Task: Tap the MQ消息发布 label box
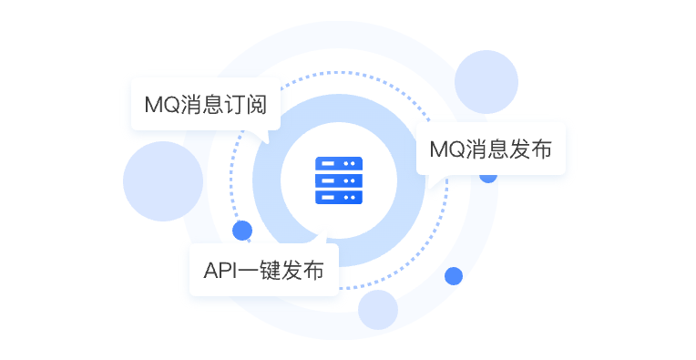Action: tap(490, 149)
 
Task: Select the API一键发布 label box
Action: tap(263, 270)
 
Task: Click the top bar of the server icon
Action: tap(339, 163)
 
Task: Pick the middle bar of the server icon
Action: tap(339, 180)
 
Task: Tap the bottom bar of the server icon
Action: tap(339, 196)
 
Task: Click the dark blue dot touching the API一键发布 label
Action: tap(242, 230)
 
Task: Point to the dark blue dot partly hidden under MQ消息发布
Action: tap(488, 176)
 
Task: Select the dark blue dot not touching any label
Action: tap(453, 275)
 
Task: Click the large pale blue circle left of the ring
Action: tap(162, 180)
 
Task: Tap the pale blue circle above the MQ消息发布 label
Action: tap(486, 82)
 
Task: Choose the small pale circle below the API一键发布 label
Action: tap(378, 310)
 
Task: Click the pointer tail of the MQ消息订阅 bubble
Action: tap(264, 136)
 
